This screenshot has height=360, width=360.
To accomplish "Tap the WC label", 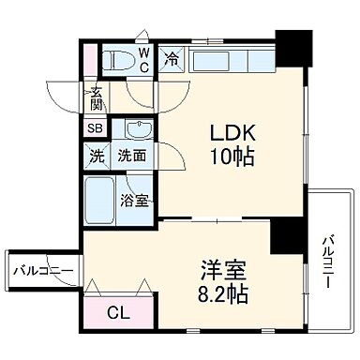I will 145,61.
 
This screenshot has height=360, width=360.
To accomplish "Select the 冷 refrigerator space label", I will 172,59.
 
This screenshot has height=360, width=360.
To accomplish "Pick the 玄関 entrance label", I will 97,97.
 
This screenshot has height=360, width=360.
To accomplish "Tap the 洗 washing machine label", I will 97,157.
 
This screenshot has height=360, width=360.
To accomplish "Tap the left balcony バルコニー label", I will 42,271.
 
